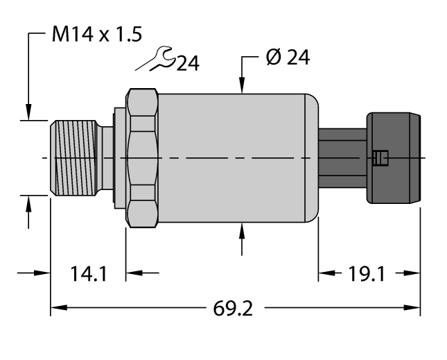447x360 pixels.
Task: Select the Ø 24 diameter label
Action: click(287, 58)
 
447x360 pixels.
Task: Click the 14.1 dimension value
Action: click(88, 274)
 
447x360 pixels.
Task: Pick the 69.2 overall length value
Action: click(235, 307)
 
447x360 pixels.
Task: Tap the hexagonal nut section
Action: click(143, 158)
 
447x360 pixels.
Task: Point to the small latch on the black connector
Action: click(379, 158)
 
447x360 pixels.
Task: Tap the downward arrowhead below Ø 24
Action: click(241, 87)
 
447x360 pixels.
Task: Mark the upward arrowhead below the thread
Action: click(28, 203)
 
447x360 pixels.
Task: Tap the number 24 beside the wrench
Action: click(187, 65)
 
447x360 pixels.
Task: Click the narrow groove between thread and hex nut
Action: click(107, 158)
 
